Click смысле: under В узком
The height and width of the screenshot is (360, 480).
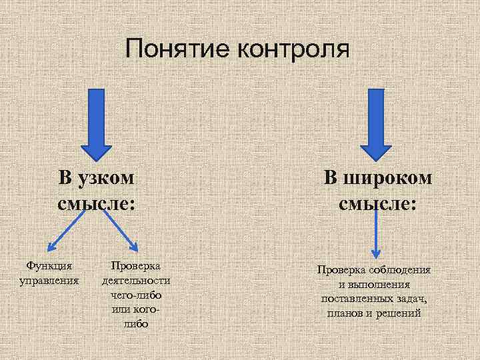(97, 203)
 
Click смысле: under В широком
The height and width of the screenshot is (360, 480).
(378, 203)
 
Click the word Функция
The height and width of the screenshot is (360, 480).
(49, 266)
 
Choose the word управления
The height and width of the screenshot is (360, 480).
(49, 280)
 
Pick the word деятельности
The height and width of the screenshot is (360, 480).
(136, 281)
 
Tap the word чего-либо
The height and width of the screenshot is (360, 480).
(136, 295)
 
